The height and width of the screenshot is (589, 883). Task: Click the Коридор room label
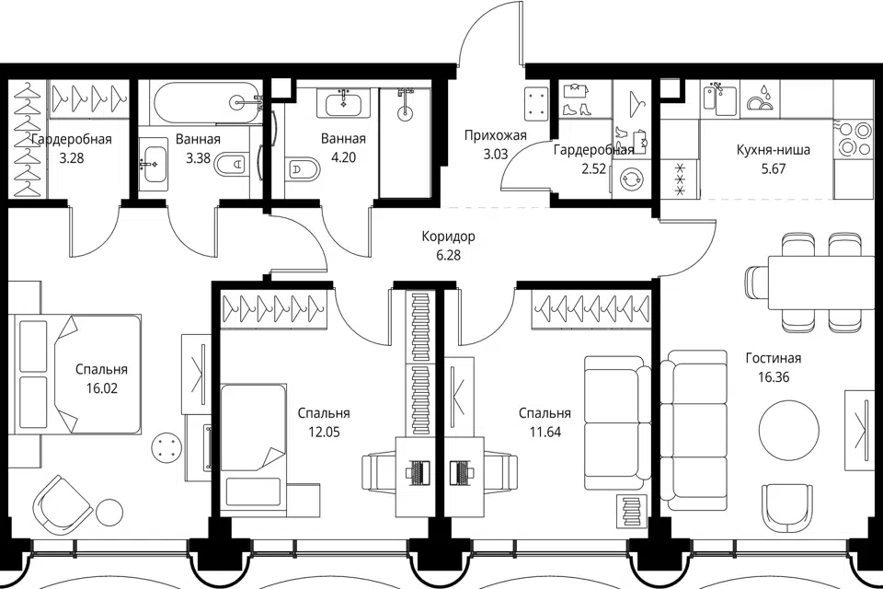click(x=448, y=237)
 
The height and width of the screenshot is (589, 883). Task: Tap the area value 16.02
click(x=101, y=388)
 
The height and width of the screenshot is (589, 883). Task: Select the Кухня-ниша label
click(x=774, y=150)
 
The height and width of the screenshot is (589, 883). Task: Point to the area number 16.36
click(x=774, y=377)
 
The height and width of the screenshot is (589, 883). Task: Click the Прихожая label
click(x=496, y=135)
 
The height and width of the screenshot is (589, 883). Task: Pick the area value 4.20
click(x=343, y=157)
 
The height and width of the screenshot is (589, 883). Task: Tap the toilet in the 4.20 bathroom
click(x=303, y=168)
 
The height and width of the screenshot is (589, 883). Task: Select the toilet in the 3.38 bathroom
click(x=233, y=164)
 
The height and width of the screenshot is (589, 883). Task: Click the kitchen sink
click(x=719, y=98)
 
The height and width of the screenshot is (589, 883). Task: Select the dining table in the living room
click(x=807, y=282)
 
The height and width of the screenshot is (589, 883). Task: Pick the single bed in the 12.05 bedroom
click(x=254, y=445)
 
